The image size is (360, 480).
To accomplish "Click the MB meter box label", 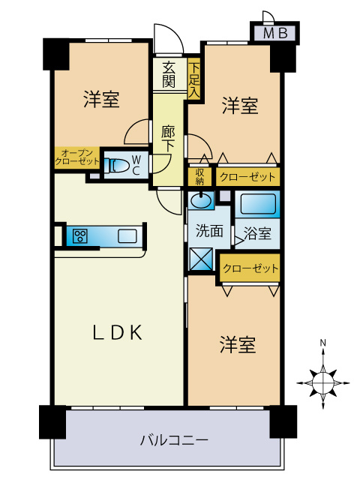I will pyautogui.click(x=274, y=34).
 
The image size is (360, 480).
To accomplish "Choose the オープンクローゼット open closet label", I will pyautogui.click(x=76, y=157).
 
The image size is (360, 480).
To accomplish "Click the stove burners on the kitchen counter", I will pyautogui.click(x=79, y=236).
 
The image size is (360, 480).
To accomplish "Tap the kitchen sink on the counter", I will pyautogui.click(x=127, y=236).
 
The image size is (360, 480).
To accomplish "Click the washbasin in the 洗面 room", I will pyautogui.click(x=200, y=201).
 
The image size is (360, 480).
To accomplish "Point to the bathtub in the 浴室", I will pyautogui.click(x=258, y=204).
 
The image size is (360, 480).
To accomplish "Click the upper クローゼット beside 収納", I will pyautogui.click(x=247, y=178).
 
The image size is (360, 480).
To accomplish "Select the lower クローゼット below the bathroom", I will pyautogui.click(x=250, y=268).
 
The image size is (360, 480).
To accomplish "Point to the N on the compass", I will pyautogui.click(x=322, y=343).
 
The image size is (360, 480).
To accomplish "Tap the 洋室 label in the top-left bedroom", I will pyautogui.click(x=100, y=99).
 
